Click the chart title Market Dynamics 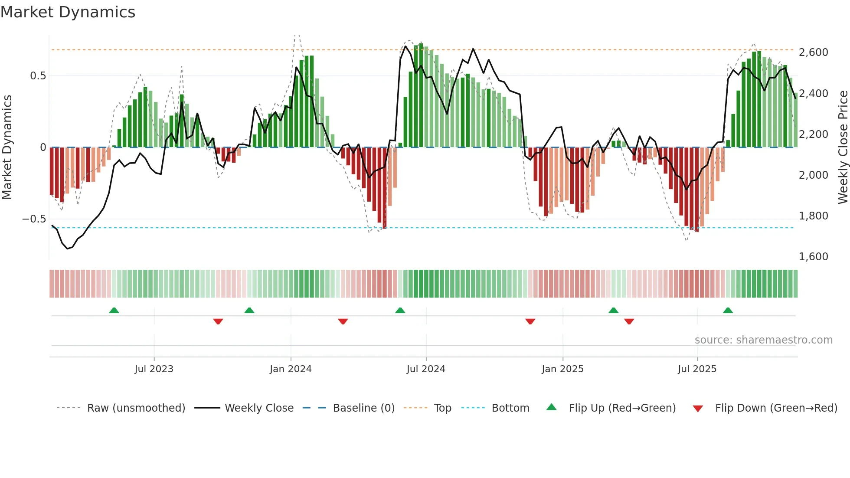pos(68,12)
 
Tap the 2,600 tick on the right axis pos(813,52)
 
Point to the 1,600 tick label pos(813,257)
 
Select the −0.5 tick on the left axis pos(34,219)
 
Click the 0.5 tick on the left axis pos(38,76)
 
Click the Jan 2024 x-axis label pos(291,369)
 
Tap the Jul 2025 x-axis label pos(697,369)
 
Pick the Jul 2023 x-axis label pos(154,369)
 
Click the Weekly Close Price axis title pos(843,147)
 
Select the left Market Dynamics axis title pos(7,147)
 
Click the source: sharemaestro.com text pos(763,340)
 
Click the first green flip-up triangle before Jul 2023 pos(114,311)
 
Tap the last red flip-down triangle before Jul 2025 pos(629,321)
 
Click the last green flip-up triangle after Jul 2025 pos(728,311)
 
